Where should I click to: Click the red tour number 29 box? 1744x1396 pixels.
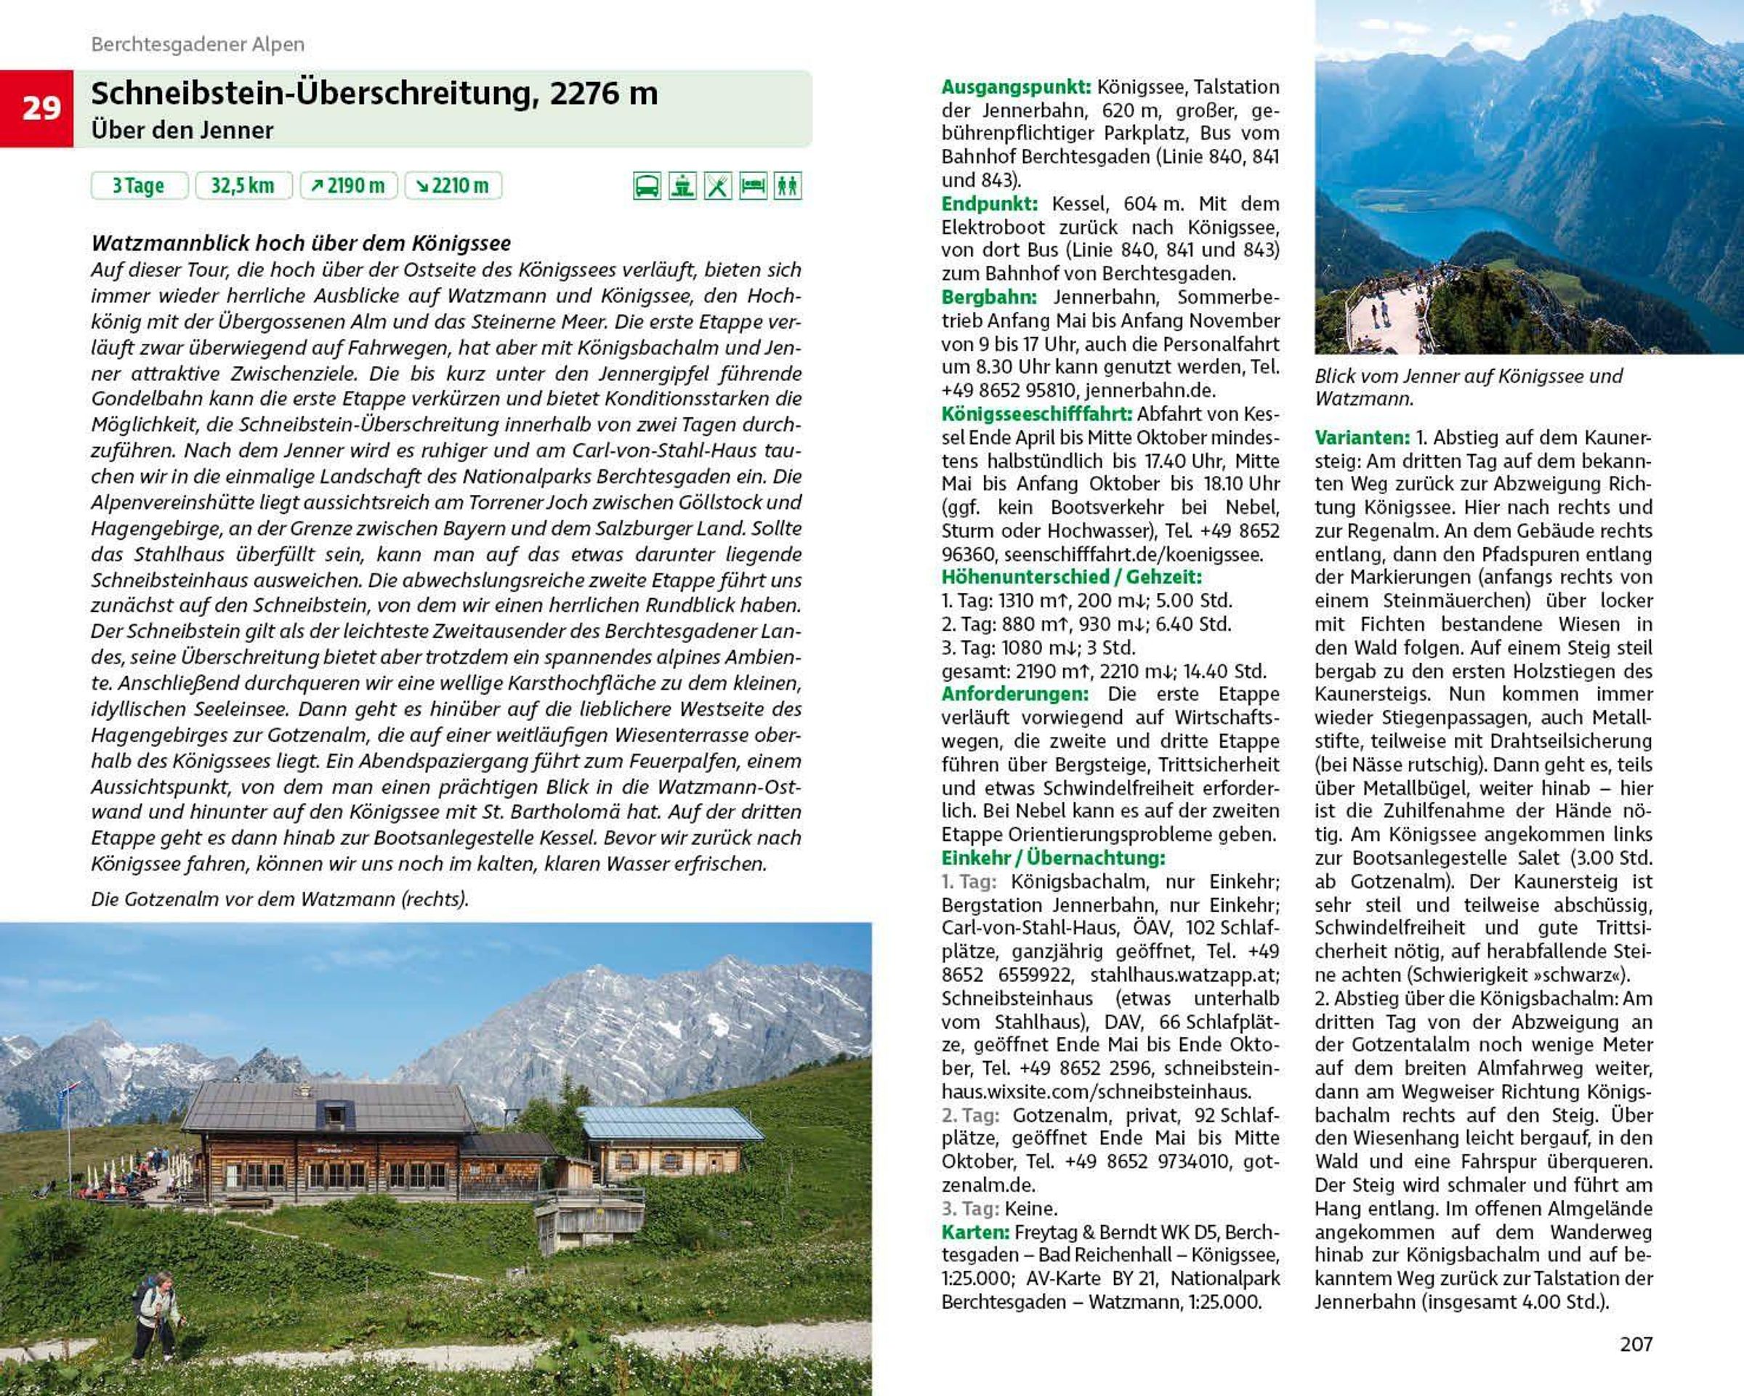pos(37,108)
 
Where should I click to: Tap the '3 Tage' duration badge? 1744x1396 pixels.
pos(138,185)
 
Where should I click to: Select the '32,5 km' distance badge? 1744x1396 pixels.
pos(242,185)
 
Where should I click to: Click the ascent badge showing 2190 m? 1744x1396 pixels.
pos(348,185)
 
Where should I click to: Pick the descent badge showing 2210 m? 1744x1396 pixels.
pos(453,185)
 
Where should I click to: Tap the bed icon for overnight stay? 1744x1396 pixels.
pos(752,186)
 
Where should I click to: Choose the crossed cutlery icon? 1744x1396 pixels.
pos(717,186)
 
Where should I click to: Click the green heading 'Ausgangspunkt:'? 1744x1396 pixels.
pos(1016,87)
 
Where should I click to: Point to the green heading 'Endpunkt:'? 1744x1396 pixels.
pos(988,203)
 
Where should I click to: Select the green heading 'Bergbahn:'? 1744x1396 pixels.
pos(988,296)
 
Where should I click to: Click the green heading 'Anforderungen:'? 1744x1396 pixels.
pos(1014,694)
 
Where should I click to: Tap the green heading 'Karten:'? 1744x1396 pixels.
pos(974,1232)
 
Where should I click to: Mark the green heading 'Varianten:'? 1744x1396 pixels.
pos(1362,437)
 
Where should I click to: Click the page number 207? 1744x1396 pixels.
pos(1636,1344)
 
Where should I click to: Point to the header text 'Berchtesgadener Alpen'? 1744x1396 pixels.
pos(198,44)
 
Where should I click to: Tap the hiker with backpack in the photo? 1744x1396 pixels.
pos(156,1315)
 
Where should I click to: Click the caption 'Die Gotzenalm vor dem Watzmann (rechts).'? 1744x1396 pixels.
pos(280,899)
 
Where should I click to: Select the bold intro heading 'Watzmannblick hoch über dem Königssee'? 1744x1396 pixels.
pos(301,243)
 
